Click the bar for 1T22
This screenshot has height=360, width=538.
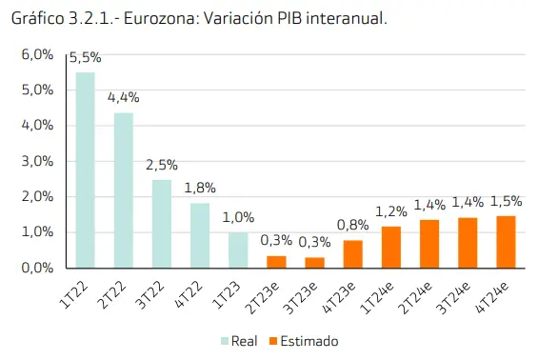[x=86, y=170]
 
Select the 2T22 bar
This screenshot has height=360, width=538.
[x=124, y=190]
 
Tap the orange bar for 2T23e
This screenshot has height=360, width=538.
[x=276, y=262]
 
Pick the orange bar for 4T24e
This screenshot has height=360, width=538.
[x=506, y=242]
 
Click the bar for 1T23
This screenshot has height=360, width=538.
[x=238, y=250]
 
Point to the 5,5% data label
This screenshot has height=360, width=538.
[x=86, y=58]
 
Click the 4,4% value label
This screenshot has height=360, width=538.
[x=124, y=97]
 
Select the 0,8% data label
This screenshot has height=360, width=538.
[x=352, y=225]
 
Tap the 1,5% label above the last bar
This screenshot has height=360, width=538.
[x=506, y=201]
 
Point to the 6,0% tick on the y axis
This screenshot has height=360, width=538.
[x=37, y=55]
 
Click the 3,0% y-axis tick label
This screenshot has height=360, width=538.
[x=37, y=161]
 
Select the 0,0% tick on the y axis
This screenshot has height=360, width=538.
[x=37, y=268]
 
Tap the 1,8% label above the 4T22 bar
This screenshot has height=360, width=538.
[x=200, y=188]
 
